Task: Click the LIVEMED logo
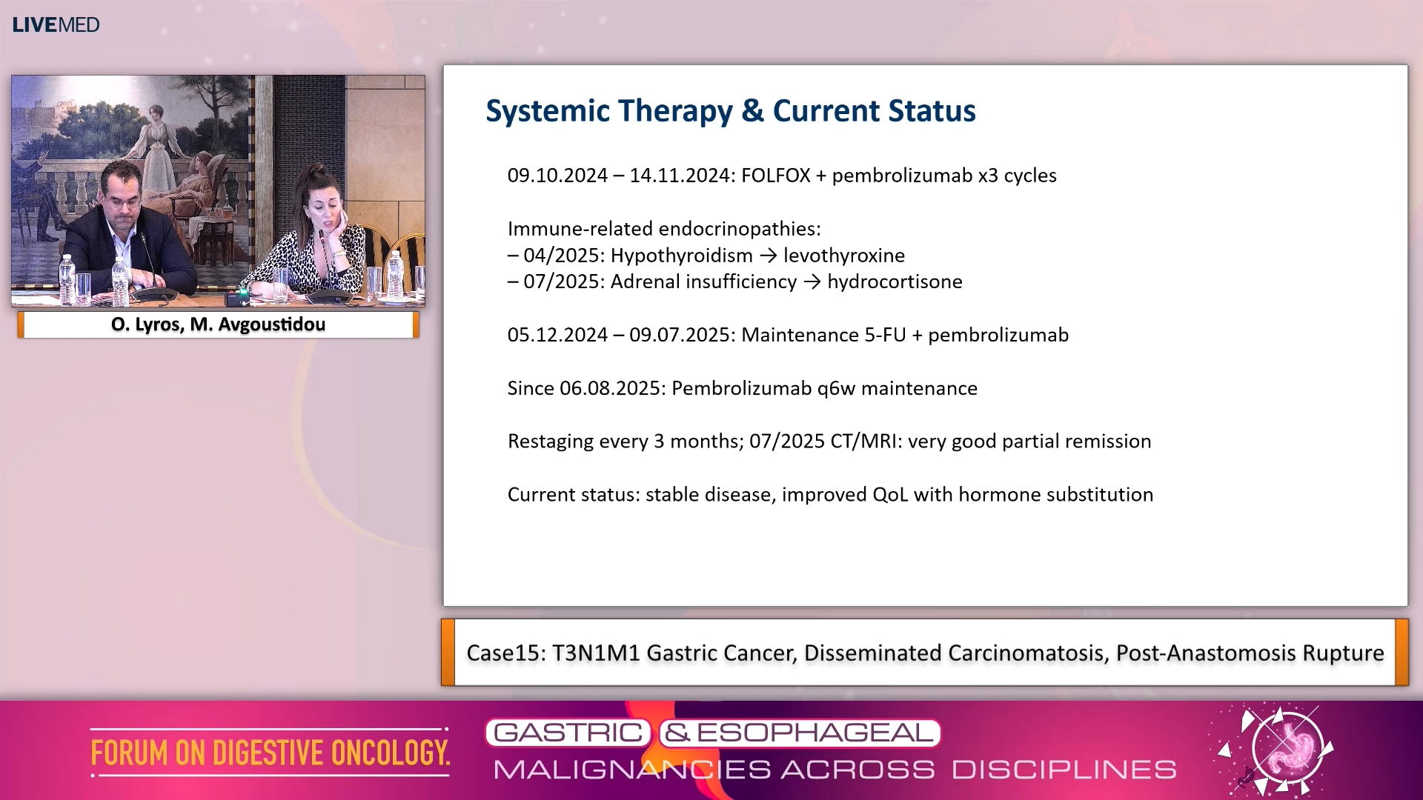(x=56, y=24)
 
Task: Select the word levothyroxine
(x=844, y=256)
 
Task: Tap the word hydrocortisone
(x=895, y=281)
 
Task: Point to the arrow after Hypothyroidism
(x=769, y=256)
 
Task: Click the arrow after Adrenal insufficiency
(x=812, y=282)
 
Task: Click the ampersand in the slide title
(x=752, y=110)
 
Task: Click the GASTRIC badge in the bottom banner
(x=568, y=733)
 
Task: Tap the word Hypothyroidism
(x=681, y=256)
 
